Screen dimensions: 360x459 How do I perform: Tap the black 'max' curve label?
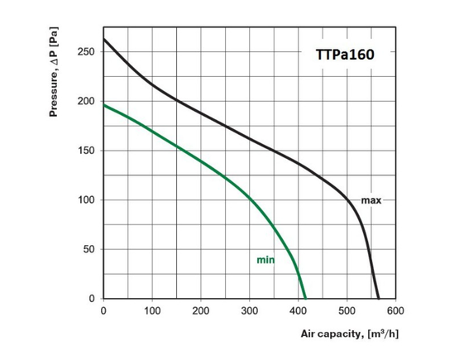click(x=370, y=200)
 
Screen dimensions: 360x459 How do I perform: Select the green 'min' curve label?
click(x=265, y=260)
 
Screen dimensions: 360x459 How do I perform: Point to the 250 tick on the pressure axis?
click(x=86, y=52)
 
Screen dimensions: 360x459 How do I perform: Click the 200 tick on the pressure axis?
click(x=86, y=102)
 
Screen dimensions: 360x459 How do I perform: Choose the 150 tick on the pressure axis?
click(x=86, y=151)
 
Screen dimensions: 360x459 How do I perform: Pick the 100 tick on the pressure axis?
click(x=86, y=200)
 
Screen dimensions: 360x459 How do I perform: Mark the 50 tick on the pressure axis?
click(x=88, y=249)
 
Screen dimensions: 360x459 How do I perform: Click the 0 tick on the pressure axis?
click(x=91, y=298)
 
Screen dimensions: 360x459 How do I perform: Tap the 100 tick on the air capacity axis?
click(x=151, y=311)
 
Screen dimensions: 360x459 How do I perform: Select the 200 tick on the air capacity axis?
click(x=200, y=311)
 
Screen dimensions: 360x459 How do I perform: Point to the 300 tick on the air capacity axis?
click(x=249, y=311)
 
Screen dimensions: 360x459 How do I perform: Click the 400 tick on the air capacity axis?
click(x=298, y=311)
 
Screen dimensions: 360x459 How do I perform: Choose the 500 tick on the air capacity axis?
click(x=347, y=311)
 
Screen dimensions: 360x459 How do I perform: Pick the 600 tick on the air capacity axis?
click(x=395, y=311)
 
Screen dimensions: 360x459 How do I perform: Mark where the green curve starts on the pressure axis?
click(x=103, y=105)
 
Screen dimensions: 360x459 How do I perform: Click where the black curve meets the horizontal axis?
click(x=378, y=298)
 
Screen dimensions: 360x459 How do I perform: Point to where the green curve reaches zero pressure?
click(x=305, y=298)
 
